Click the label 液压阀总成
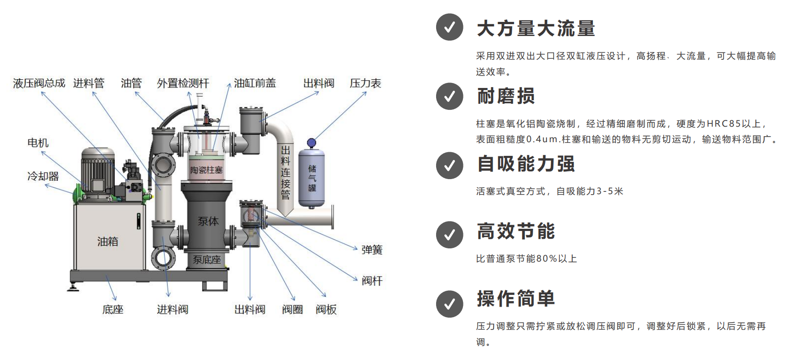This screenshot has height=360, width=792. tap(39, 83)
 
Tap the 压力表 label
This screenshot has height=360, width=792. tap(365, 83)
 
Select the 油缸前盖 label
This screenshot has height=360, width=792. tap(255, 83)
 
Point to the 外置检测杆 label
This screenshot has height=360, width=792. tap(183, 83)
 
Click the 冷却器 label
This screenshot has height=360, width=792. tap(43, 176)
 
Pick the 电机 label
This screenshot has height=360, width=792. tap(38, 143)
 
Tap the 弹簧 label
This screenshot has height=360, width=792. tap(372, 250)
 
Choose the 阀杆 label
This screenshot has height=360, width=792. tap(372, 281)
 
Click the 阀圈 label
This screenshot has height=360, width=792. tap(292, 310)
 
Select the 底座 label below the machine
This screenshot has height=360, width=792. tap(113, 310)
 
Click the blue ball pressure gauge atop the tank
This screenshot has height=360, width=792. tap(311, 143)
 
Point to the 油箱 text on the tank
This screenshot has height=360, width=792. tap(108, 242)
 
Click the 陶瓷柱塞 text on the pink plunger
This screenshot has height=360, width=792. tap(206, 170)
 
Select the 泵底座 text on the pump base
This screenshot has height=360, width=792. tap(206, 260)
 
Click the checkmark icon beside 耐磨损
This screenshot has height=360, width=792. tap(449, 96)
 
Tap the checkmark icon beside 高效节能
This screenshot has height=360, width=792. tap(449, 235)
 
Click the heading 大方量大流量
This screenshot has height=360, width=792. tap(536, 28)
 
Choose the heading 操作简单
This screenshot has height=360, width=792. tap(516, 298)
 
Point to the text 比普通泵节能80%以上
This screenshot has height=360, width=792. tap(526, 259)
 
